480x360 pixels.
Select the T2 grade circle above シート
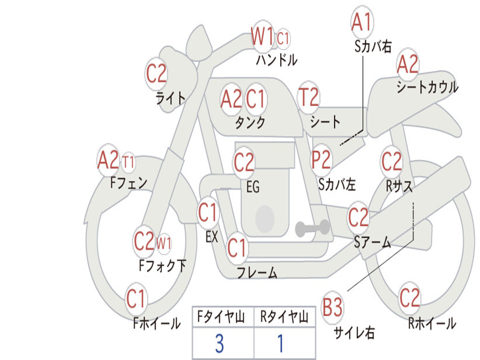click(x=308, y=97)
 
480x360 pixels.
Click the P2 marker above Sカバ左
click(x=321, y=159)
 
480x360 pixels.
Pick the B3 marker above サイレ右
click(x=332, y=307)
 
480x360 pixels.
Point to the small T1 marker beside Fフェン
click(x=128, y=161)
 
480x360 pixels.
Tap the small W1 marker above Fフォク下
click(x=164, y=244)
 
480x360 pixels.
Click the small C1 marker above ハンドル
click(x=283, y=38)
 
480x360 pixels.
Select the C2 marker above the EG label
click(x=244, y=162)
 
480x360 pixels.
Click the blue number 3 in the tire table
click(x=219, y=344)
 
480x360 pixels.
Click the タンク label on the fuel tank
click(x=250, y=122)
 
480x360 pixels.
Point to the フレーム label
click(x=257, y=272)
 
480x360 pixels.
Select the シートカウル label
click(x=427, y=87)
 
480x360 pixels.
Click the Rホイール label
click(x=432, y=323)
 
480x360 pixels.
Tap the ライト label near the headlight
click(x=171, y=98)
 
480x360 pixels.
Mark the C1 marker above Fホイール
click(x=135, y=299)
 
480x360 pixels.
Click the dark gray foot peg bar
click(x=312, y=228)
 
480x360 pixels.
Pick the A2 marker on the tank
click(x=231, y=99)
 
